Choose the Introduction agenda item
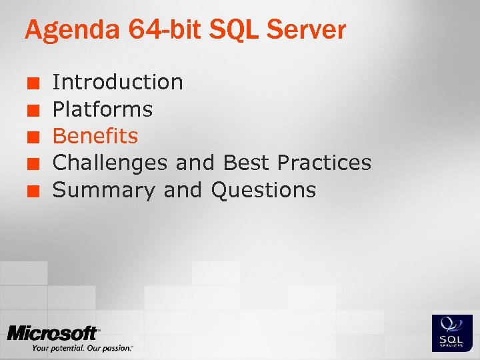[x=117, y=82]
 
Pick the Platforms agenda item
[x=103, y=109]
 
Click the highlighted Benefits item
[x=95, y=136]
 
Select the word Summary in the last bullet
[x=103, y=190]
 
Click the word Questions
[x=263, y=190]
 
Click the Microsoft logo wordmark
[x=53, y=333]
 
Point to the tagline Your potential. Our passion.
[x=82, y=348]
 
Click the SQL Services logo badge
[x=452, y=333]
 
